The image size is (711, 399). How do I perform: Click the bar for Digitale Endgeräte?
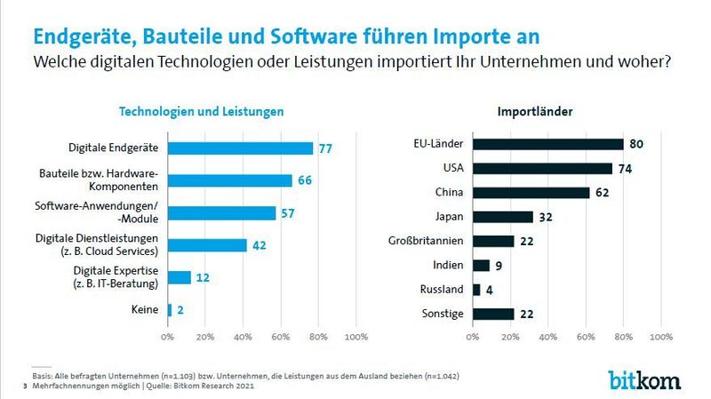click(x=240, y=148)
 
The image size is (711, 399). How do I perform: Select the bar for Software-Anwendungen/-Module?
click(x=221, y=213)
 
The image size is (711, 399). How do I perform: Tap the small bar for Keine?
click(x=170, y=310)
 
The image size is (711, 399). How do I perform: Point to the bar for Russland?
click(x=476, y=289)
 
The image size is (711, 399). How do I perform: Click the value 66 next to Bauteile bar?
click(x=304, y=181)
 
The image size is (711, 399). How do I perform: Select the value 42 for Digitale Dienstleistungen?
click(x=259, y=246)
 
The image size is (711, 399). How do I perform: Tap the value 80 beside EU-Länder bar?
click(x=636, y=144)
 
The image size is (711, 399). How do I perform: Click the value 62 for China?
click(x=602, y=192)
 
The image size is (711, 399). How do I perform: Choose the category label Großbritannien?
click(x=426, y=241)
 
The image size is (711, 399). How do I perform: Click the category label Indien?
click(x=447, y=265)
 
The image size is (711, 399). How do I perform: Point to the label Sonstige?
click(x=442, y=313)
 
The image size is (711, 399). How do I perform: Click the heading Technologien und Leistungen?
click(x=202, y=112)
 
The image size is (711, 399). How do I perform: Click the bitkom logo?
click(x=644, y=379)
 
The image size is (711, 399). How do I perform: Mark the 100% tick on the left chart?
click(x=355, y=337)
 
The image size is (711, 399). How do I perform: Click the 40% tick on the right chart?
click(x=547, y=337)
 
